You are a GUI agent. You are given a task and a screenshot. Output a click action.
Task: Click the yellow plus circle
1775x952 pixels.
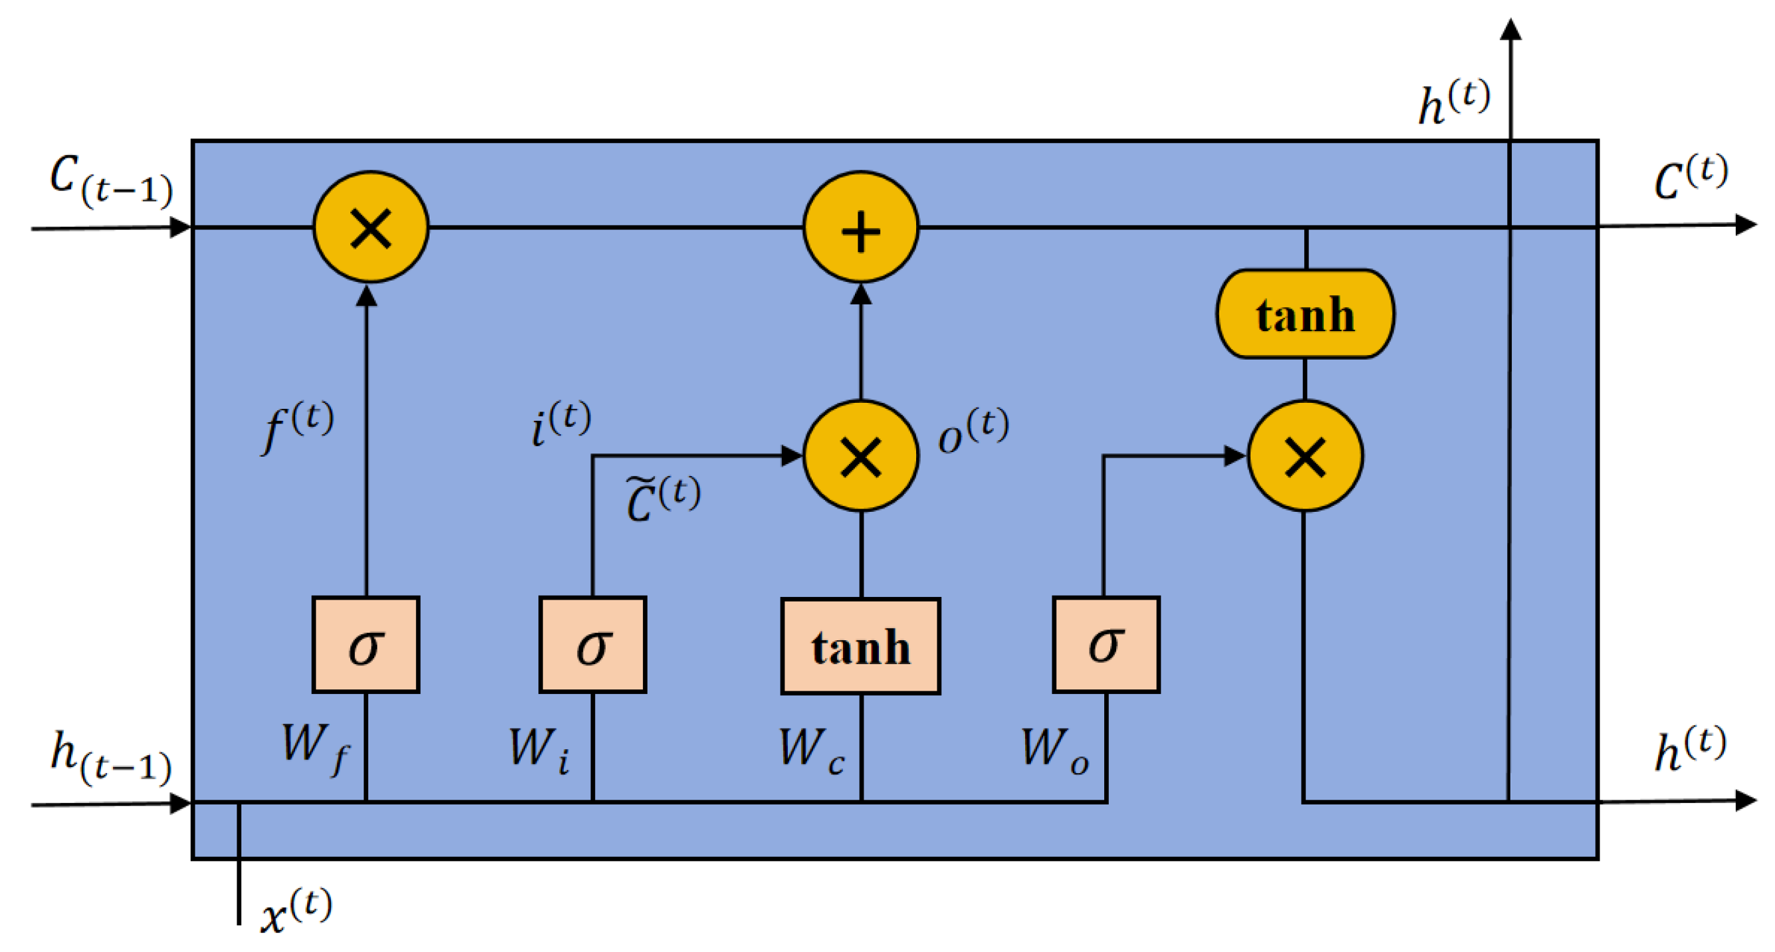(861, 227)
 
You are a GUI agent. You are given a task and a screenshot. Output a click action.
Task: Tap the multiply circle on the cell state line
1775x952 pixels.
(371, 227)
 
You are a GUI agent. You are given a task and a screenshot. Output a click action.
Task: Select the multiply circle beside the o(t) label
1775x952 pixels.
(861, 456)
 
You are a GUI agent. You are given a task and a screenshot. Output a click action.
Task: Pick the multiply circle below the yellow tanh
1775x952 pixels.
(1305, 456)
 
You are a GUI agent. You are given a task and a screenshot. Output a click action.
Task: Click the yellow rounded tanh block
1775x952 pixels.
(1305, 314)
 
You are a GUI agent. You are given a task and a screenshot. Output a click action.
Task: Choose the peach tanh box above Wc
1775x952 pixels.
(861, 646)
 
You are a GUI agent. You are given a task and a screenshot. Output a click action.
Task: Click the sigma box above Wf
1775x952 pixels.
(365, 644)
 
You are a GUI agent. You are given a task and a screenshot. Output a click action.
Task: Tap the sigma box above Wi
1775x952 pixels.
(592, 644)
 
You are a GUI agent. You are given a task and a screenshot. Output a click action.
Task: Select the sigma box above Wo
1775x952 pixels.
(1106, 644)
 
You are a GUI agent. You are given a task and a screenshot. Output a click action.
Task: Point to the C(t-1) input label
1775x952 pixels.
(110, 180)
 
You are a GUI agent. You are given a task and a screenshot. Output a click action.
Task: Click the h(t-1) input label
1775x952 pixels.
(110, 758)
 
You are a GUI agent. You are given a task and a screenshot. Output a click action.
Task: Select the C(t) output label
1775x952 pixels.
(1691, 178)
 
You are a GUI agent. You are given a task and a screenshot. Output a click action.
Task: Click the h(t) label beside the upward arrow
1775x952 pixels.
(1454, 103)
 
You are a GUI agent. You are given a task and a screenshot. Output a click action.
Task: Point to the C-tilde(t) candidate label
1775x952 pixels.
(663, 499)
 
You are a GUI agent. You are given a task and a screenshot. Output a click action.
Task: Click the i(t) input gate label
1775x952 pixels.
(560, 423)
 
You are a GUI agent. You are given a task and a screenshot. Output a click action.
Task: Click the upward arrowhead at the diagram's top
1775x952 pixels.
(1510, 29)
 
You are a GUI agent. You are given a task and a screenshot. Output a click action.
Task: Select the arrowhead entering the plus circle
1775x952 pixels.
(861, 294)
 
